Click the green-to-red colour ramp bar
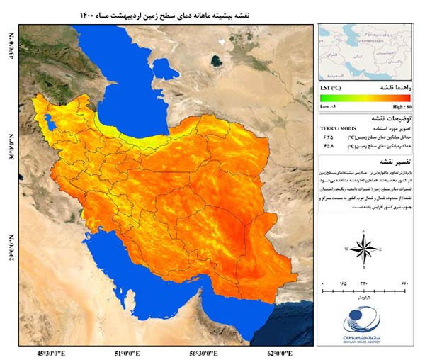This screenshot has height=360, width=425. [365, 97]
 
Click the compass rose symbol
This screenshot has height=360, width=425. [363, 249]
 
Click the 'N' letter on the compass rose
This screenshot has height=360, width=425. [363, 231]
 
